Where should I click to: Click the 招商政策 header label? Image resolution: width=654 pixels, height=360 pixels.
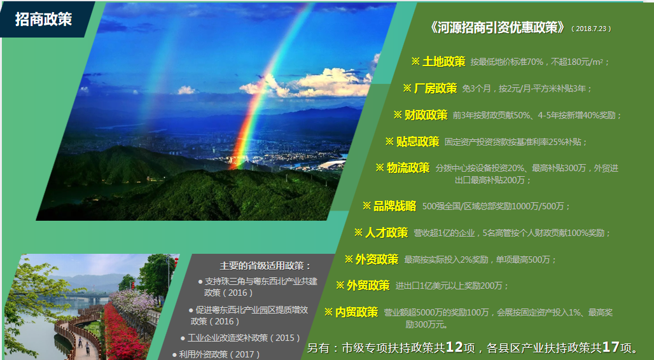click(x=43, y=19)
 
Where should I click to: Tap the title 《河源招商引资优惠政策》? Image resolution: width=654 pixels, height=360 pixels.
click(x=497, y=27)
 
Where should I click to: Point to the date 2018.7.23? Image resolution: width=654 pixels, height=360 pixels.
click(x=591, y=29)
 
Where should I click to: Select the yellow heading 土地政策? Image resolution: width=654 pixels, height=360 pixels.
click(x=444, y=62)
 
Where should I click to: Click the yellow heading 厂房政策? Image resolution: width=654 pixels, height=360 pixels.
click(x=435, y=88)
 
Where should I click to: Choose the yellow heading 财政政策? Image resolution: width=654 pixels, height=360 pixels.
click(x=426, y=115)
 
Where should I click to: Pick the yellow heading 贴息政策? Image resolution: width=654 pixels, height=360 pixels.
click(x=417, y=142)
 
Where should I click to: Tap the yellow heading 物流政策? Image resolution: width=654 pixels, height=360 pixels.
click(x=408, y=168)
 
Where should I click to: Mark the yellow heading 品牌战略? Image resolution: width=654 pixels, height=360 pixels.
click(x=394, y=206)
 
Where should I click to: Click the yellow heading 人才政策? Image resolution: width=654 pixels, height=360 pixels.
click(x=386, y=233)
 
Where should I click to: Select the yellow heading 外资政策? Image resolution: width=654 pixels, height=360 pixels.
click(x=377, y=260)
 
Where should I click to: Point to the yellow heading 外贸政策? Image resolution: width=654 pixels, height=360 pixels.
click(x=368, y=286)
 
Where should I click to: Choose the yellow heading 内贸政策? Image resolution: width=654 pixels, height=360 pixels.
click(x=357, y=312)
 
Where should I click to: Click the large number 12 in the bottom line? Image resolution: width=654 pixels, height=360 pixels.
click(x=454, y=347)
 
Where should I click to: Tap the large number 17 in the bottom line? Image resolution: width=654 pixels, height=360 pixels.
click(x=611, y=347)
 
